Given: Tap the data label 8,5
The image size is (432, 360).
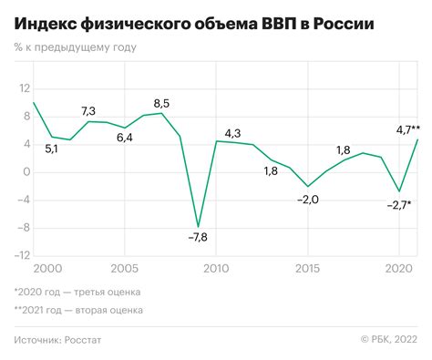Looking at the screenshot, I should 160,102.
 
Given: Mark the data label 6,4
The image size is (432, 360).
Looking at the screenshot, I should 125,138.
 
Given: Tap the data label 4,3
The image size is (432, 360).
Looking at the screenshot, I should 232,135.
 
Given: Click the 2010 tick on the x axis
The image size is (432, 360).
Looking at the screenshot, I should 215,269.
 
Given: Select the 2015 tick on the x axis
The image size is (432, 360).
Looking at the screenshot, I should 307,269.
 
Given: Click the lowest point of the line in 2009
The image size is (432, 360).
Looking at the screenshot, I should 198,226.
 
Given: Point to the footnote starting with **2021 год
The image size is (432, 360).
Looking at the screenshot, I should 79,311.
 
